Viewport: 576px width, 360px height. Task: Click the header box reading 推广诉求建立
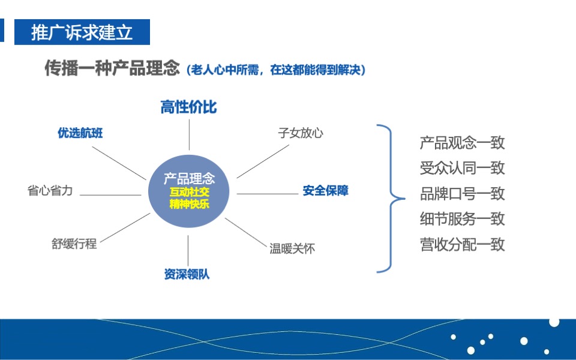[82, 32]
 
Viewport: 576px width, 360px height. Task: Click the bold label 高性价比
[188, 107]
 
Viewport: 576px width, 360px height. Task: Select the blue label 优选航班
[80, 133]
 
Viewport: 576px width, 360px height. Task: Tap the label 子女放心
[301, 133]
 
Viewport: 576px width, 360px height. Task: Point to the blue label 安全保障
[325, 191]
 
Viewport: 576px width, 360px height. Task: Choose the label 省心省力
[50, 191]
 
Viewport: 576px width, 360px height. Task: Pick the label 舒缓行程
[74, 244]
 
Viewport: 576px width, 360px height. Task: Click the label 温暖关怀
[292, 248]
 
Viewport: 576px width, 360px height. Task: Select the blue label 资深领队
[187, 275]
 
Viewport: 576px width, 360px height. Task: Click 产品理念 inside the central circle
[189, 178]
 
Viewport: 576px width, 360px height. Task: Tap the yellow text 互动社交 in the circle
[189, 192]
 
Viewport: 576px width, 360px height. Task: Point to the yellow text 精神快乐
[189, 204]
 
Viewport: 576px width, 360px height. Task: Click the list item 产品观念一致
[462, 143]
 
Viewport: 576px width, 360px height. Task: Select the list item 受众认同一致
[462, 168]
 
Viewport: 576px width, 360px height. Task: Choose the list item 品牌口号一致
[462, 194]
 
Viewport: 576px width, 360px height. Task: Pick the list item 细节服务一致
[462, 219]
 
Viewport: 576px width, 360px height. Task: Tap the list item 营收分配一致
[462, 245]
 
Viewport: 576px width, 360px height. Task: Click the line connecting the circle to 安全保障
[267, 194]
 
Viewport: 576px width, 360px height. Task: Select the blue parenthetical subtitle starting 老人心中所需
[276, 70]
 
